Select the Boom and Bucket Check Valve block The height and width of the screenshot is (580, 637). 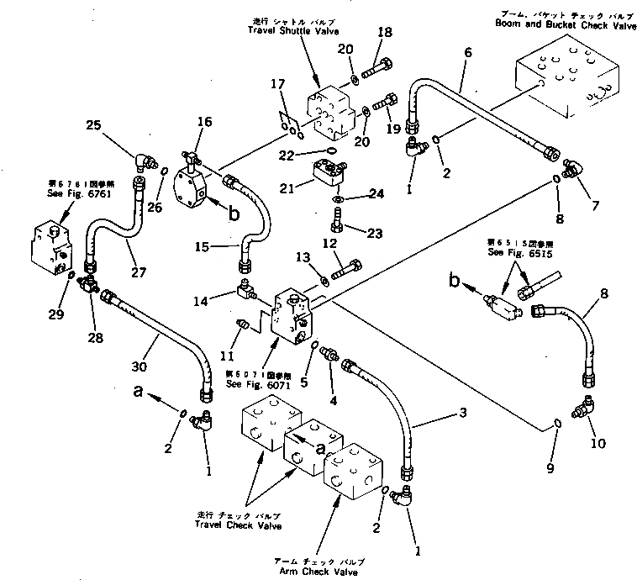pyautogui.click(x=571, y=80)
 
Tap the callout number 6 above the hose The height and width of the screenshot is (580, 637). pyautogui.click(x=467, y=51)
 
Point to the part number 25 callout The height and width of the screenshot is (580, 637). pyautogui.click(x=93, y=126)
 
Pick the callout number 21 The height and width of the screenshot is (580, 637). pyautogui.click(x=287, y=189)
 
